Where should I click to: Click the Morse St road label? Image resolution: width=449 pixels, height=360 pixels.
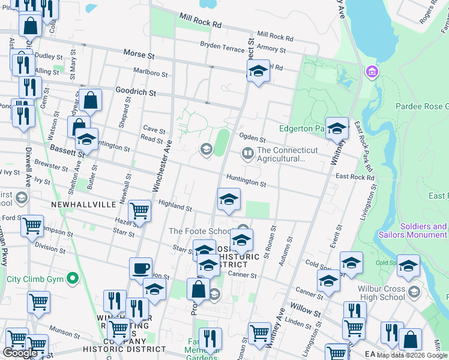[139, 55]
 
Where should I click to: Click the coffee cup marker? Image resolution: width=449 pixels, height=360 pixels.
[140, 268]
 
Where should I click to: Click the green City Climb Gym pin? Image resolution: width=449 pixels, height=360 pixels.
[73, 278]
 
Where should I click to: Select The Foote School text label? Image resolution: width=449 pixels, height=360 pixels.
[200, 231]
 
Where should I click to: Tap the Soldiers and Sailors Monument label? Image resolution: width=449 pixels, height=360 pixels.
[413, 230]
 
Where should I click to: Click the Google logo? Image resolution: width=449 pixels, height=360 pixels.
[21, 353]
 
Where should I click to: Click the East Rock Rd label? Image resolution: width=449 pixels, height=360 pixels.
[355, 177]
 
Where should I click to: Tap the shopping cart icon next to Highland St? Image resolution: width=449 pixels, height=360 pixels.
[140, 211]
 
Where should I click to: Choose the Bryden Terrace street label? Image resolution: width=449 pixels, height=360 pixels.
[221, 45]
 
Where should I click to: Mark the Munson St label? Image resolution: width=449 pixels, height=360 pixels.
[61, 329]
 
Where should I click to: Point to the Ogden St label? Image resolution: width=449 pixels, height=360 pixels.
[252, 139]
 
